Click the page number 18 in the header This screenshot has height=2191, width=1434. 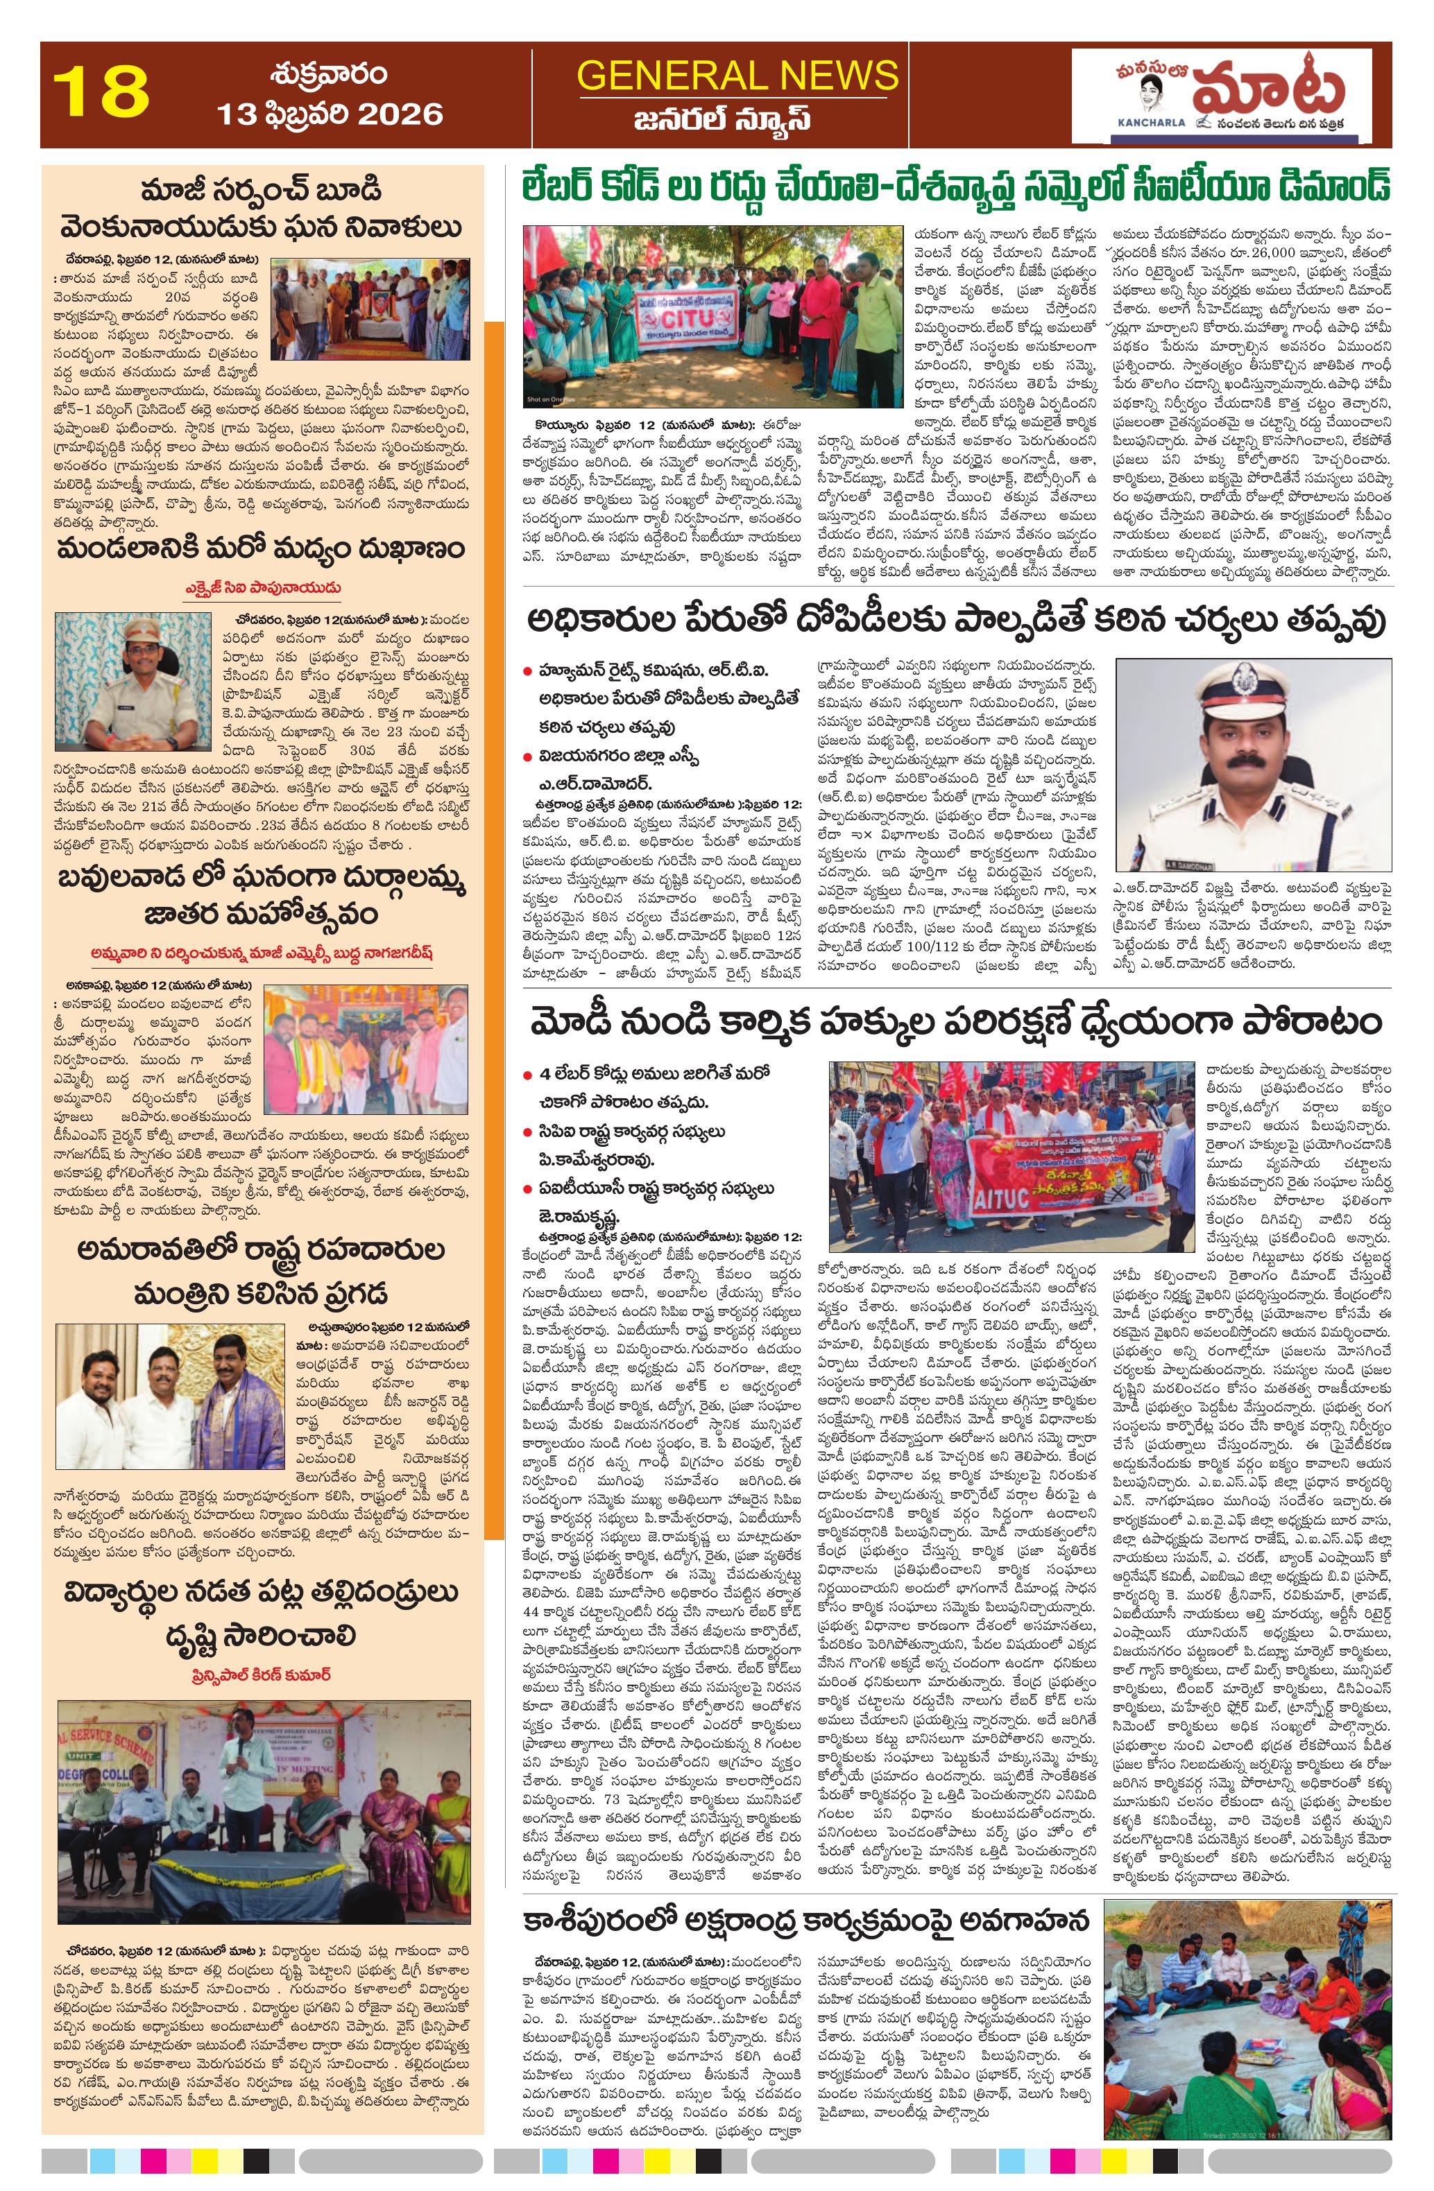pos(101,92)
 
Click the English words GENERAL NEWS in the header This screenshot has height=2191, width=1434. pos(737,75)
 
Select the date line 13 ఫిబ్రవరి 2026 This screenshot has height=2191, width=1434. pos(330,114)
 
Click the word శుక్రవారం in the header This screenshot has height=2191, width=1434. pos(329,73)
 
